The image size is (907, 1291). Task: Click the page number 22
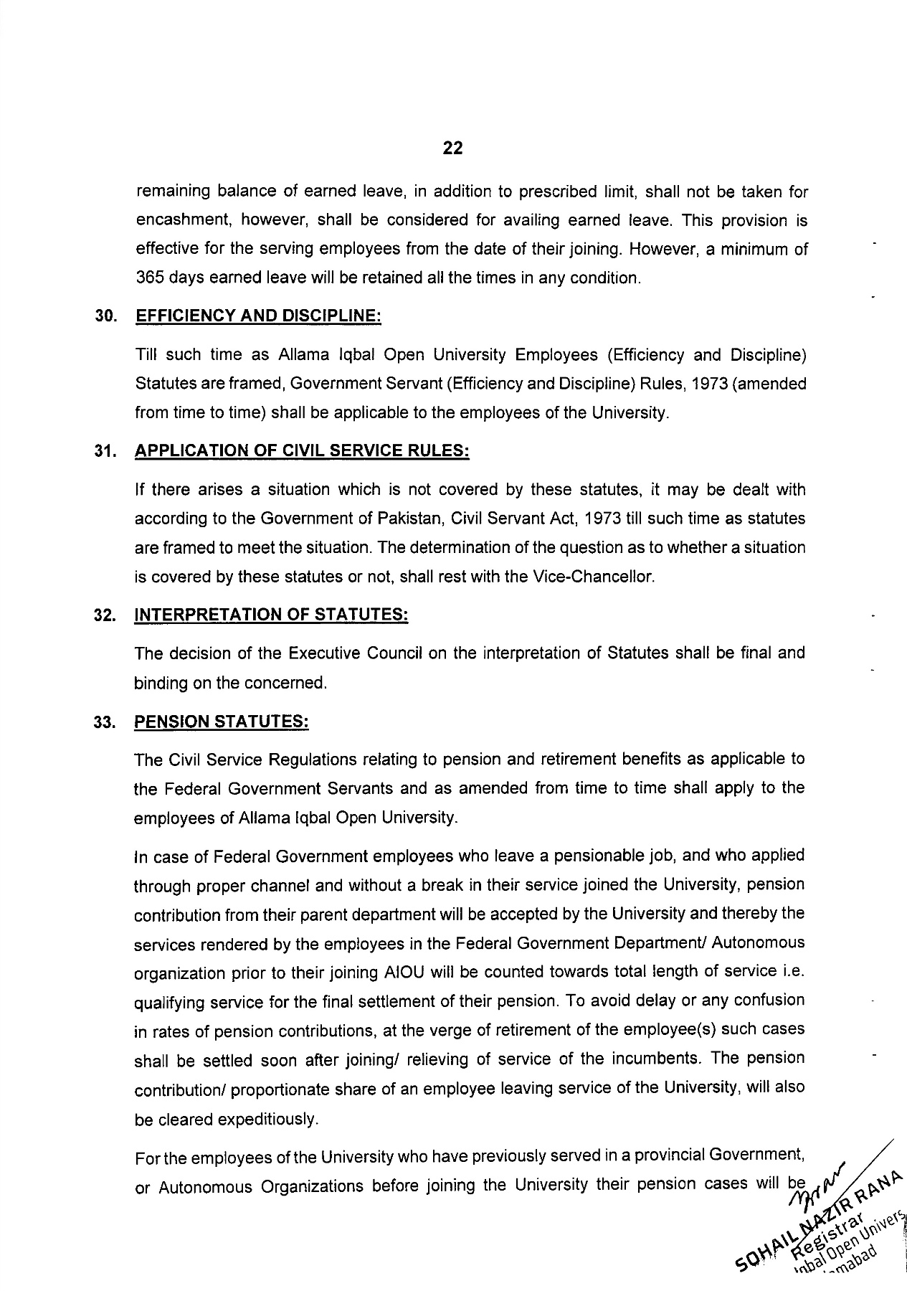click(452, 148)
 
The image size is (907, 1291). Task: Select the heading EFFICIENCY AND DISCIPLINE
click(257, 316)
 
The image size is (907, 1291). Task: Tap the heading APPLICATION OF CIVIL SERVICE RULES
click(302, 451)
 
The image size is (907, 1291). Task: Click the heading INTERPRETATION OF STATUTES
click(271, 615)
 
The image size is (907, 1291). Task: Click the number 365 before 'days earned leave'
click(150, 278)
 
